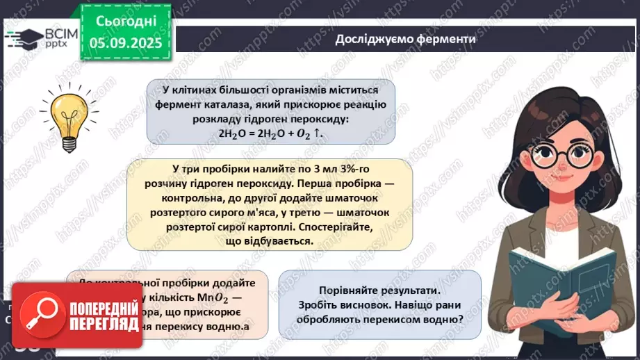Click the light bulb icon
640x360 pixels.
[68, 117]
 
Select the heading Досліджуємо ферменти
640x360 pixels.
[405, 39]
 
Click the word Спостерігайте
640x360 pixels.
[335, 227]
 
